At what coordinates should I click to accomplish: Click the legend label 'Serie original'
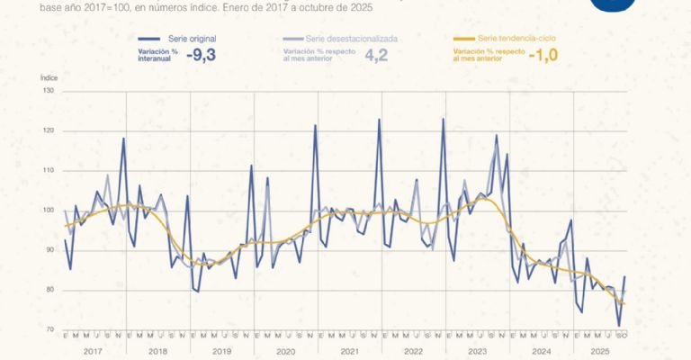click(192, 40)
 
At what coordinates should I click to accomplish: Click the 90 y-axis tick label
click(49, 250)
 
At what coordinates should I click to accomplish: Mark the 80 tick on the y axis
click(49, 290)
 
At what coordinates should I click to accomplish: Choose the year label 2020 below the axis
click(286, 352)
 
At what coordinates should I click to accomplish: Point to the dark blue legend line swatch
click(149, 40)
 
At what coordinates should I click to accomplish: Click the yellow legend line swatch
click(463, 40)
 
